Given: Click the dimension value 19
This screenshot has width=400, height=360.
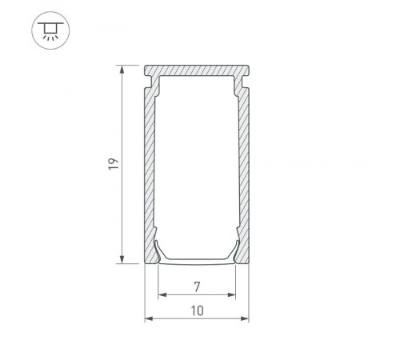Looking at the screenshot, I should (114, 164).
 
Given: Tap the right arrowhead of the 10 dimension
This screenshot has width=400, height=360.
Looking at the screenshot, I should (246, 319).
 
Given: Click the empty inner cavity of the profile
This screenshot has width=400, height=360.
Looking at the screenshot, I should (197, 160).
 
